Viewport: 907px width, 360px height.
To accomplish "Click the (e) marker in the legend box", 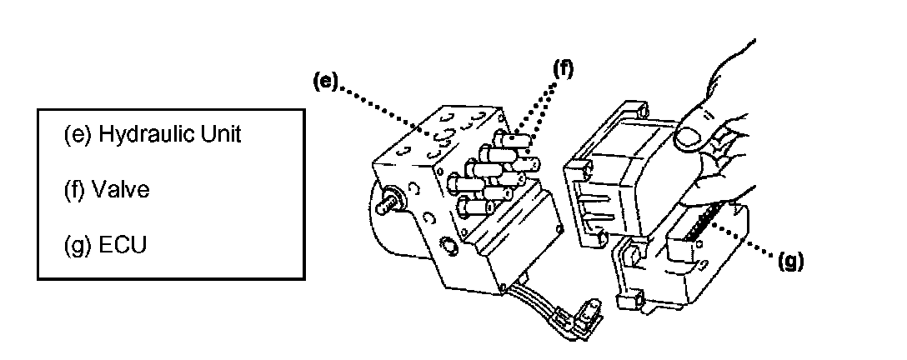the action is (78, 135).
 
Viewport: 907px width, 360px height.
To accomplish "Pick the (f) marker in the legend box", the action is (77, 191).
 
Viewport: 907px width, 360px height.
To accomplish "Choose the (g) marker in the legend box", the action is (78, 247).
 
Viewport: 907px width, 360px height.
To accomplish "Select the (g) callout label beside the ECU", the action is (790, 262).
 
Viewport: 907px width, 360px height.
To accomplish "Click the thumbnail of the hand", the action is (689, 138).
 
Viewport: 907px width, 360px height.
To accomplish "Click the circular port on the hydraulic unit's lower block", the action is (448, 248).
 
